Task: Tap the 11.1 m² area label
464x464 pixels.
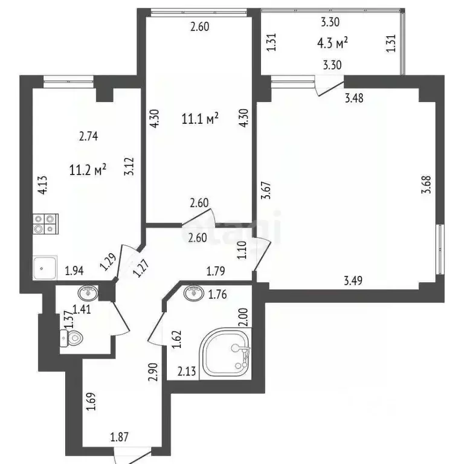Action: (199, 119)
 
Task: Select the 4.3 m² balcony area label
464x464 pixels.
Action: (332, 43)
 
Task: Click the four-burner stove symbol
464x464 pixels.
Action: (45, 224)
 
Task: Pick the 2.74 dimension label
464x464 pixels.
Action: (89, 137)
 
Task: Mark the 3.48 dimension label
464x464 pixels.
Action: (354, 99)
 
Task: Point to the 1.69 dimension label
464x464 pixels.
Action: (91, 402)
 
